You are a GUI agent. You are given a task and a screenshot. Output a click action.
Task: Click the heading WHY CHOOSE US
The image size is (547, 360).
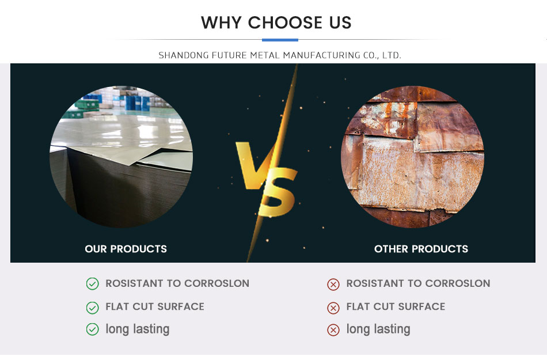pyautogui.click(x=276, y=22)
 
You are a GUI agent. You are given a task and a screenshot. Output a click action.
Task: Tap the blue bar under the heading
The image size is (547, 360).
pyautogui.click(x=280, y=40)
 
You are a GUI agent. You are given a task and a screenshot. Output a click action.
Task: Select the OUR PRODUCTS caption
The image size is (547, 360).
pyautogui.click(x=126, y=249)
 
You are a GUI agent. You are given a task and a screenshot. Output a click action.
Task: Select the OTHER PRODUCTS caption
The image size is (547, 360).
pyautogui.click(x=421, y=249)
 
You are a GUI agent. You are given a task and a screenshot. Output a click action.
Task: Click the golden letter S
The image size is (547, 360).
pyautogui.click(x=278, y=191)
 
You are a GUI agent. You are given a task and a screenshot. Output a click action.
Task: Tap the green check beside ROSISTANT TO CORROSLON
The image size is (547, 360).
pyautogui.click(x=93, y=284)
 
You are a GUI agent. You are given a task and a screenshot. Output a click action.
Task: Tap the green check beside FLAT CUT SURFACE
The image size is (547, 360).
pyautogui.click(x=93, y=308)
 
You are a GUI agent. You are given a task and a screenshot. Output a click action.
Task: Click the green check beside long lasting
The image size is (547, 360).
pyautogui.click(x=93, y=329)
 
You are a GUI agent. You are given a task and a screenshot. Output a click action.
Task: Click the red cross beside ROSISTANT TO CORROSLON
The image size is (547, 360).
pyautogui.click(x=333, y=285)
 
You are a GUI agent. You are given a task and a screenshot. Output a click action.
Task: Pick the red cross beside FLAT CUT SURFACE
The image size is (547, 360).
pyautogui.click(x=333, y=308)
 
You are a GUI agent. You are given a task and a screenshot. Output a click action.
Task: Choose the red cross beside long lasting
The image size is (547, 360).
pyautogui.click(x=333, y=330)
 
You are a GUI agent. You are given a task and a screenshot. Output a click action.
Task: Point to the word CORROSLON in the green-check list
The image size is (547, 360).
pyautogui.click(x=216, y=283)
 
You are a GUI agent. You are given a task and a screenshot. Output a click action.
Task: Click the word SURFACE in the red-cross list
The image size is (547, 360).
pyautogui.click(x=421, y=306)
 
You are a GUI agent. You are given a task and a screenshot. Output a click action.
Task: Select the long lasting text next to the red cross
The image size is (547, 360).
pyautogui.click(x=378, y=329)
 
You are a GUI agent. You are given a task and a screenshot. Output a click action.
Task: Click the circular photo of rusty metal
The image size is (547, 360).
pyautogui.click(x=412, y=157)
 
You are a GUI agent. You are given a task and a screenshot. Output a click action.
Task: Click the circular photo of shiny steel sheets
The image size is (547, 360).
pyautogui.click(x=121, y=157)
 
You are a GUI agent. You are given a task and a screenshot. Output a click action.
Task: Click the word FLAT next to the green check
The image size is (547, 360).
pyautogui.click(x=117, y=306)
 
